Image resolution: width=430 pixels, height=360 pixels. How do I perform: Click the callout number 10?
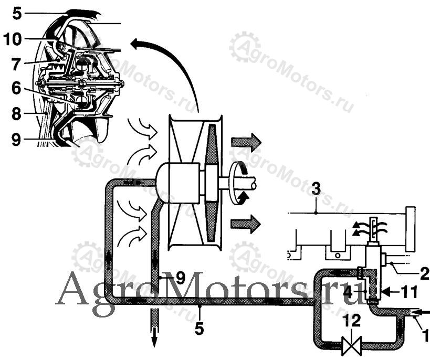pyautogui.click(x=14, y=39)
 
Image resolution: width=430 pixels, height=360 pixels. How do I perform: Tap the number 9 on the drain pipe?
pyautogui.click(x=180, y=279)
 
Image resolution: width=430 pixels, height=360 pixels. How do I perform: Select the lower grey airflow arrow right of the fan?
pyautogui.click(x=246, y=224)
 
